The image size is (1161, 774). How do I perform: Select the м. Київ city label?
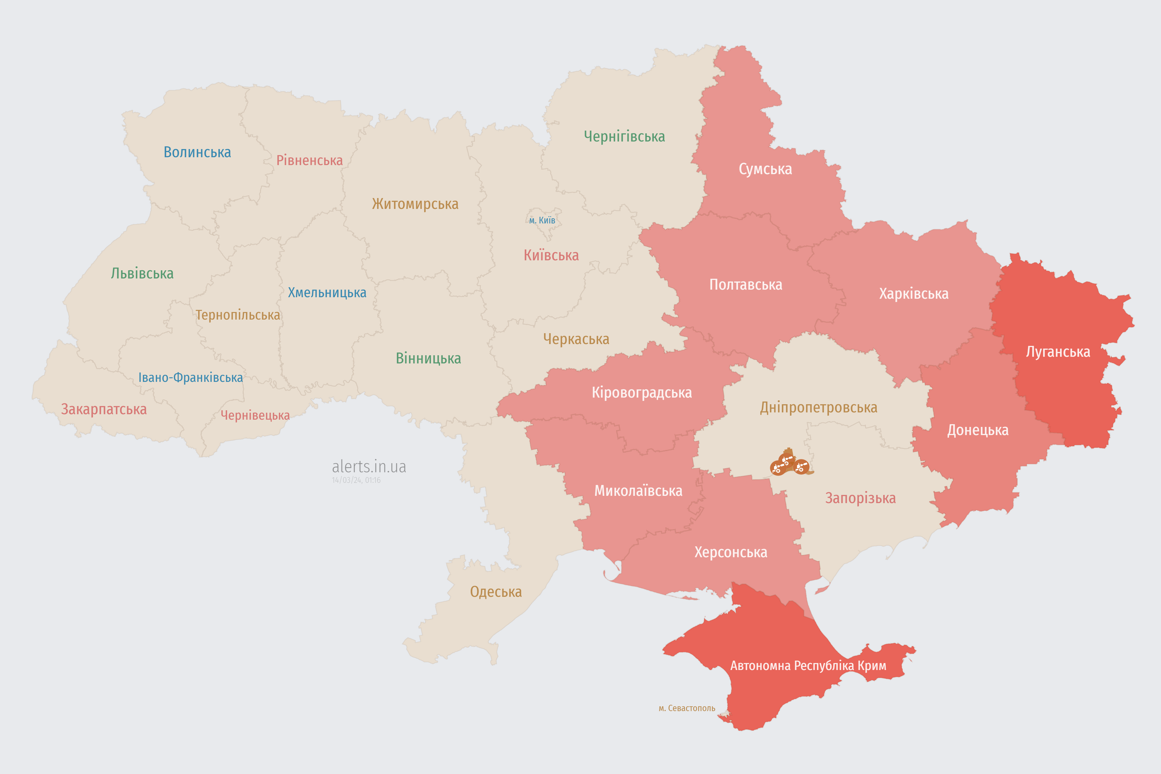(x=542, y=220)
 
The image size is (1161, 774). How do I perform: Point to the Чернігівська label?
(x=624, y=136)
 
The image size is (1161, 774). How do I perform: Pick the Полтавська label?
(x=745, y=285)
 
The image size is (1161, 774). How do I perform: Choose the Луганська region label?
(x=1058, y=352)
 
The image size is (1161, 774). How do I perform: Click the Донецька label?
(x=977, y=430)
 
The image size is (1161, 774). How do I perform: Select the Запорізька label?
(x=860, y=498)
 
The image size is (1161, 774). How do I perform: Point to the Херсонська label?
(x=730, y=552)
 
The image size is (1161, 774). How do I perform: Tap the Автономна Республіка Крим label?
(x=808, y=665)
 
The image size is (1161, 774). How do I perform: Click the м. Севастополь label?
(x=687, y=708)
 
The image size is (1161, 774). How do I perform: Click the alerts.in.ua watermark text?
(x=369, y=467)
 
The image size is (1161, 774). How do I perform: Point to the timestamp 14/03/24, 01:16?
(x=356, y=480)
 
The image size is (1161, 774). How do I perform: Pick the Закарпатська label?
(x=104, y=409)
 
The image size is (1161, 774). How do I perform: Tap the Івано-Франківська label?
(x=190, y=378)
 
